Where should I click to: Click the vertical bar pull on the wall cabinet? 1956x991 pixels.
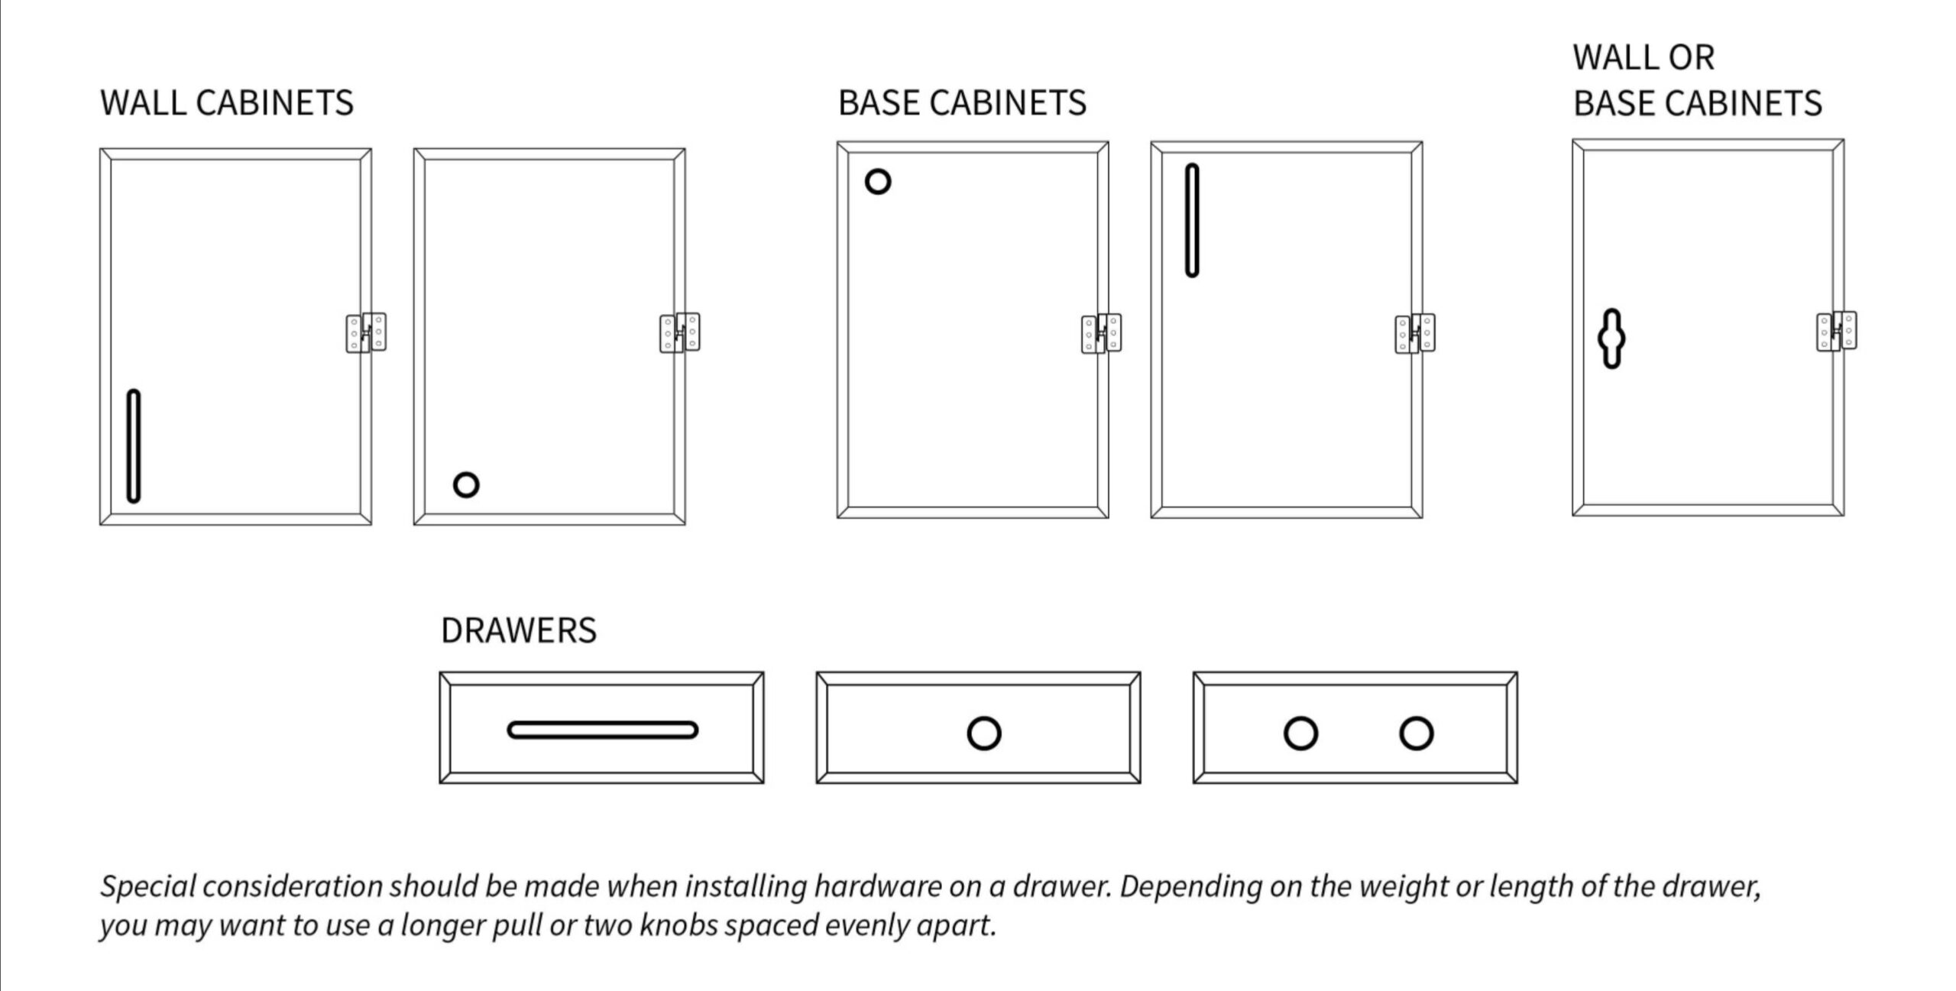tap(133, 446)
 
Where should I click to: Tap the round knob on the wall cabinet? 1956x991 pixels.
tap(466, 484)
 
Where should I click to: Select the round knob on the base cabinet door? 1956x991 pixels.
tap(878, 182)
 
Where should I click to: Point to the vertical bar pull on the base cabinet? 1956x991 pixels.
tap(1192, 220)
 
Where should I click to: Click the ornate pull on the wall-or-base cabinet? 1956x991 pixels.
tap(1611, 338)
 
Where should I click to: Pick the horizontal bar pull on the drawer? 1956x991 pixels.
tap(602, 730)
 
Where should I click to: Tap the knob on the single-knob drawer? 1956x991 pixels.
tap(983, 734)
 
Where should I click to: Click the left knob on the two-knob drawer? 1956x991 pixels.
tap(1300, 734)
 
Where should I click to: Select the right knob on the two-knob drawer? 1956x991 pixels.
tap(1416, 734)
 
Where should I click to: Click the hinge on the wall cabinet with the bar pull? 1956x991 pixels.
tap(366, 332)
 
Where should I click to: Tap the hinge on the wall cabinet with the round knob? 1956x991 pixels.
tap(679, 332)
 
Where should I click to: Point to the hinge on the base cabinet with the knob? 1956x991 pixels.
tap(1101, 333)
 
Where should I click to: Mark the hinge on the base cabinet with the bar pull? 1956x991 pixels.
tap(1414, 333)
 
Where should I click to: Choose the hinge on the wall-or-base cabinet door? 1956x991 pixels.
tap(1836, 331)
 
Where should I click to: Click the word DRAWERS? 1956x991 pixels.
tap(518, 630)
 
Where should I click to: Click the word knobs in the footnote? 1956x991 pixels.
tap(678, 925)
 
